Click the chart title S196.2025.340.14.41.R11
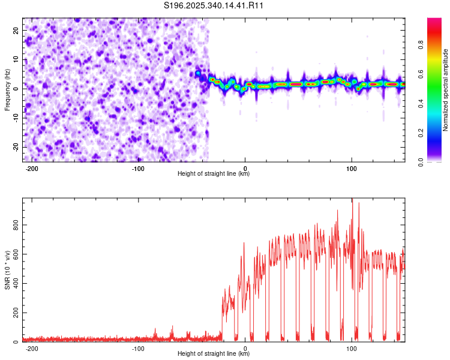(214, 5)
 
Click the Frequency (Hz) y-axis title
(7, 89)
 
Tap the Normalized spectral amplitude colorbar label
(445, 90)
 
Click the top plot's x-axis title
(214, 174)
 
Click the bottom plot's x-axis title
(214, 354)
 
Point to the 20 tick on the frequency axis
(16, 29)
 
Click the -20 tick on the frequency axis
(15, 147)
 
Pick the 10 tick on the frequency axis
(16, 59)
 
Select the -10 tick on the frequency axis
(15, 118)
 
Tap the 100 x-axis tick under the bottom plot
(352, 348)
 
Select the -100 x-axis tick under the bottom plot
(138, 348)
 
